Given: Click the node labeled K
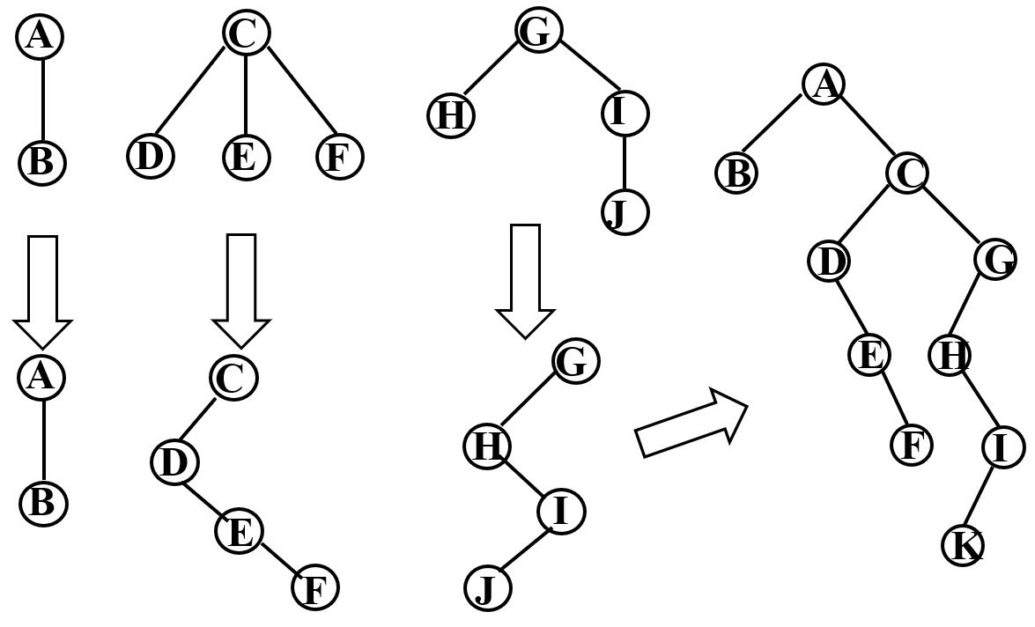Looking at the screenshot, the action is coord(963,545).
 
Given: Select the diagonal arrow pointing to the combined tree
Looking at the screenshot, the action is coord(691,424).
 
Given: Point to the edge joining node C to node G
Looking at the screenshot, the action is coord(951,217).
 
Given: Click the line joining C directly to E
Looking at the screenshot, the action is coord(245,94).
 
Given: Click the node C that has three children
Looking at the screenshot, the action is coord(245,33).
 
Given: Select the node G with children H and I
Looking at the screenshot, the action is coord(537,31).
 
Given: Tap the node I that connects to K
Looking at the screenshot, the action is coord(1002,447).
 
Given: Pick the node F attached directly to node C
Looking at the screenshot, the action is coord(338,157).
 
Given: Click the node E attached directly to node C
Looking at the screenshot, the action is coord(245,157).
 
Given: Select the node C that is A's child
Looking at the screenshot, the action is coord(906,172).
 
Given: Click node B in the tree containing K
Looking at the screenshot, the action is coord(736,173).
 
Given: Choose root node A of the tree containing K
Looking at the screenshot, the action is coord(824,84).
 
